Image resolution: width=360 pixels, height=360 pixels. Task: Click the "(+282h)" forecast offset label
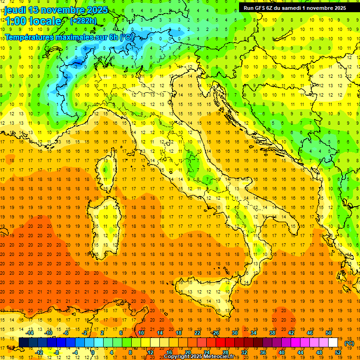tap(83, 21)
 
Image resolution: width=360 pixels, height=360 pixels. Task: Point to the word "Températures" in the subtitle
tap(28, 37)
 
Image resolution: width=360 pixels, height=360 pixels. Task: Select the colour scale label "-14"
tap(30, 332)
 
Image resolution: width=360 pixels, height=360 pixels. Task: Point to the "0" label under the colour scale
tap(92, 352)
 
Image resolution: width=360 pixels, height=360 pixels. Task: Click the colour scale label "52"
tap(338, 352)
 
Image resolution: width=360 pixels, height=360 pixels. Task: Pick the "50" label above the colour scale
tap(329, 332)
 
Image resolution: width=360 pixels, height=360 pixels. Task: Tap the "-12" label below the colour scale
tap(39, 352)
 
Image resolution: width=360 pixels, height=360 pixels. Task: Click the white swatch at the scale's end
tap(333, 343)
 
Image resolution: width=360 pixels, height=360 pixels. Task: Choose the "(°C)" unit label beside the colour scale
tap(349, 343)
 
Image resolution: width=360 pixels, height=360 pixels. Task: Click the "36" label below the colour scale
tap(262, 352)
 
